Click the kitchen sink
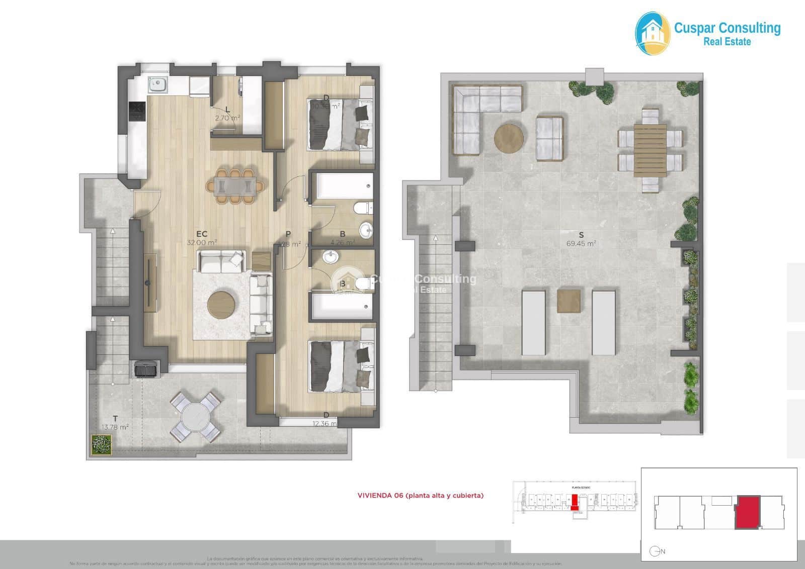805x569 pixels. [158, 84]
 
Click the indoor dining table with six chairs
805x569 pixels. [235, 186]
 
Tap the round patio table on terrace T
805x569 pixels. [195, 417]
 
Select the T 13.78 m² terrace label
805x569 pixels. [115, 423]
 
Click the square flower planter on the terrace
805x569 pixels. [101, 444]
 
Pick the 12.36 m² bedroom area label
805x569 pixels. [325, 423]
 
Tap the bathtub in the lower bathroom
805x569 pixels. [342, 306]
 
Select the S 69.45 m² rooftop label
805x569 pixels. [581, 239]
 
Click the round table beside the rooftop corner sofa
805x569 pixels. [509, 138]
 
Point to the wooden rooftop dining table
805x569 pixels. [650, 150]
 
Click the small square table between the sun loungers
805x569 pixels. [569, 301]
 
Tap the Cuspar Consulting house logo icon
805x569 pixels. [653, 34]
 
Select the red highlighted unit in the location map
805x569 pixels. [747, 512]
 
